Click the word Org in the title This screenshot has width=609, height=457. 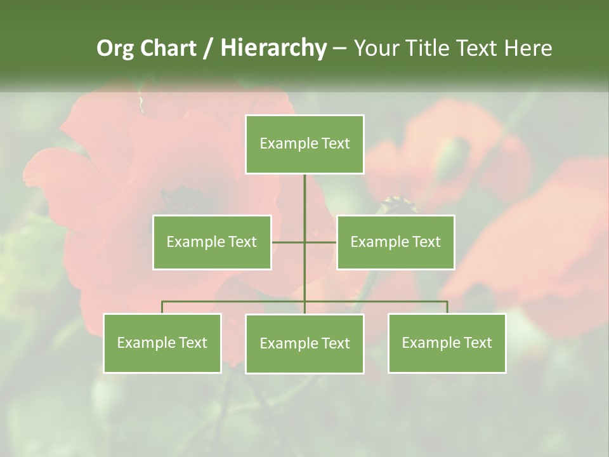[x=115, y=48]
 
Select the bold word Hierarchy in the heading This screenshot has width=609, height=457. [x=273, y=48]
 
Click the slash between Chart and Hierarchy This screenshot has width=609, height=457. [x=207, y=48]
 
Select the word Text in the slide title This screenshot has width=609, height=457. [x=478, y=48]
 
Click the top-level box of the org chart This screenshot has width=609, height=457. [x=304, y=144]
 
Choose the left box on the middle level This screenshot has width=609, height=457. [x=212, y=242]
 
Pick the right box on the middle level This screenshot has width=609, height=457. [x=396, y=242]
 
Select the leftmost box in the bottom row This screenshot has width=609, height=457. [x=162, y=343]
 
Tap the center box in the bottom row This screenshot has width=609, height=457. [x=304, y=343]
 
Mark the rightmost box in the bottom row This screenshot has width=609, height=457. [x=447, y=343]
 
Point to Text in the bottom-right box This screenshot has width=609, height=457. [x=477, y=343]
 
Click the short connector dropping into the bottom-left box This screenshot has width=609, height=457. [x=162, y=307]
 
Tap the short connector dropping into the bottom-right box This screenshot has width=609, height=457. [x=447, y=307]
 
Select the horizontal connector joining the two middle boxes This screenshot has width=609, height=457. [x=289, y=242]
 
